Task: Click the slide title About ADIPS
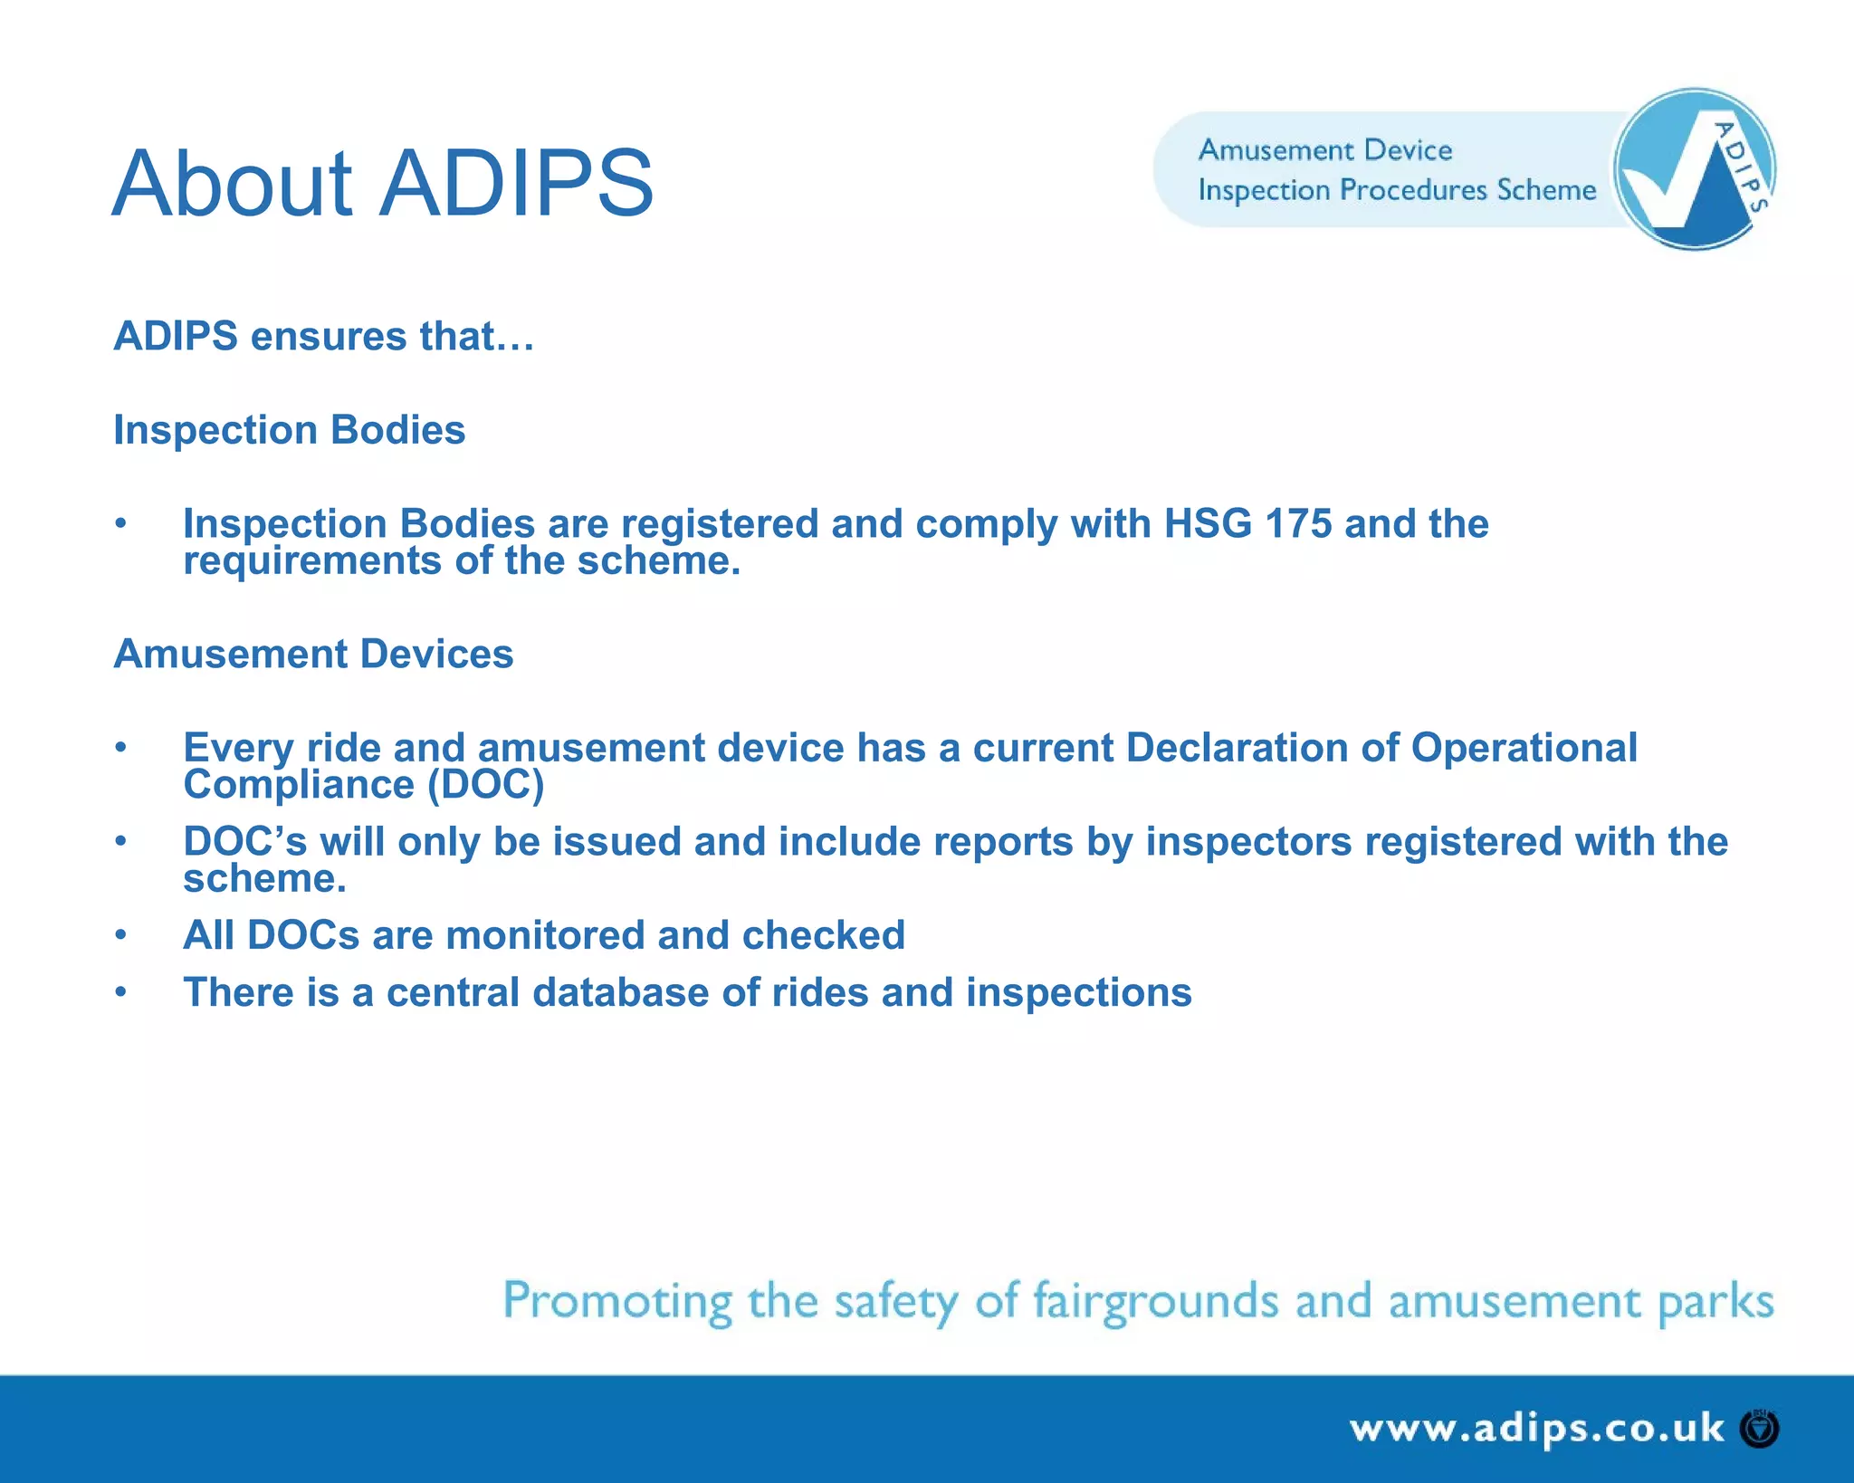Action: click(x=382, y=184)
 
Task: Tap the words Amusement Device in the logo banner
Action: click(x=1324, y=150)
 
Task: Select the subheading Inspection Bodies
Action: click(x=289, y=430)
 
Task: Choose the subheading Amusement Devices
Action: click(x=313, y=654)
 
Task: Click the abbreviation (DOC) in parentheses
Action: click(x=485, y=785)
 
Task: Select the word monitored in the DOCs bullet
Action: click(x=545, y=935)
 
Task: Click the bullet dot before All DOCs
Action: click(x=120, y=935)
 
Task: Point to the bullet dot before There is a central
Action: click(x=120, y=992)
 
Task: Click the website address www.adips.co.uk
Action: click(x=1536, y=1429)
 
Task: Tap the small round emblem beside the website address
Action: click(x=1760, y=1430)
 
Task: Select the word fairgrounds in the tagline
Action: click(x=1156, y=1302)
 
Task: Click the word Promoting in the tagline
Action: click(x=617, y=1302)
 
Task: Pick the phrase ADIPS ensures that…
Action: click(x=324, y=337)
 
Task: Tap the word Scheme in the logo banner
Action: click(x=1546, y=190)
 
